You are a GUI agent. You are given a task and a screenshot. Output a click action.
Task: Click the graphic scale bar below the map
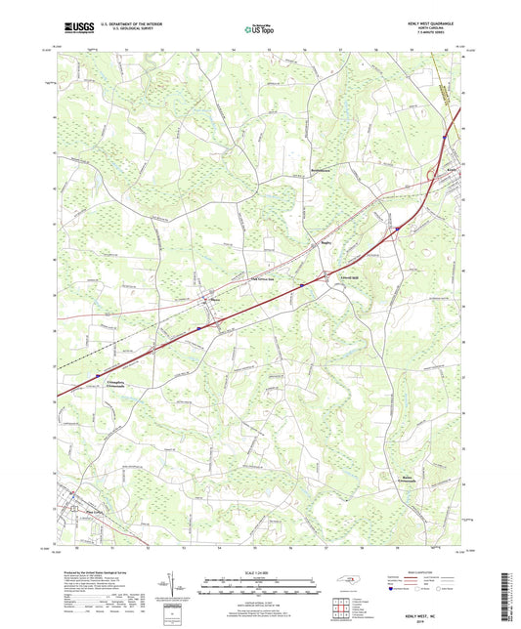(260, 589)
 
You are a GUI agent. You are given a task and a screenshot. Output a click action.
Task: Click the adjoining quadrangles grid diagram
(341, 608)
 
